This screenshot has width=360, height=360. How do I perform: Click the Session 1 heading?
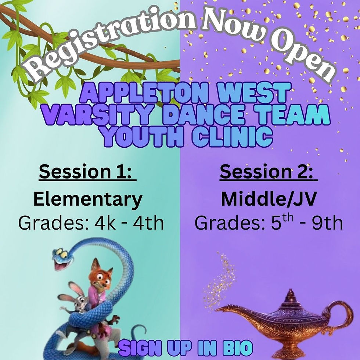(x=87, y=172)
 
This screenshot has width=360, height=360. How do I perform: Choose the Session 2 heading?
(x=269, y=172)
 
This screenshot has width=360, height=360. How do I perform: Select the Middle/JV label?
(x=269, y=199)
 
